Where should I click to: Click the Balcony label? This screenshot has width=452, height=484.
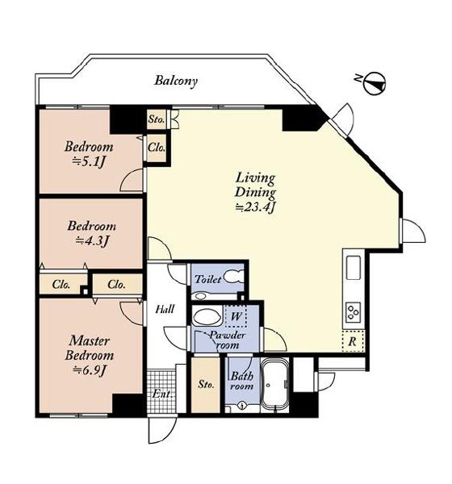[176, 81]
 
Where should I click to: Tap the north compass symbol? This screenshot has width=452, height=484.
[374, 83]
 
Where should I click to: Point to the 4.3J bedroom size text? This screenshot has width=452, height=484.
[92, 240]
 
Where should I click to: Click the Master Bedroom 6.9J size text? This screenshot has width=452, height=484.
[90, 369]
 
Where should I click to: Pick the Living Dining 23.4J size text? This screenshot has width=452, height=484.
[255, 208]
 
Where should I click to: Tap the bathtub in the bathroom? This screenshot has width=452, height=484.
[274, 386]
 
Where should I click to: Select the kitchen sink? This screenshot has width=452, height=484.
[354, 268]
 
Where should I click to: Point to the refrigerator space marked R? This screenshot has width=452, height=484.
[354, 341]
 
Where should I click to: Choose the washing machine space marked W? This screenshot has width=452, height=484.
[236, 316]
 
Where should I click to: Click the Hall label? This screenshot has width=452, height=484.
[165, 309]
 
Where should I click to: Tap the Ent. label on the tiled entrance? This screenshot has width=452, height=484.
[162, 394]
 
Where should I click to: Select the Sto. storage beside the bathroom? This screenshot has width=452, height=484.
[206, 385]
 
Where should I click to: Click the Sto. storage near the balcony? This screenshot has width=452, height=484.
[156, 119]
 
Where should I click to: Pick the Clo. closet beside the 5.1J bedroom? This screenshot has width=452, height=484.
[156, 148]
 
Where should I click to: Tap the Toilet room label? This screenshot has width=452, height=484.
[208, 279]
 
